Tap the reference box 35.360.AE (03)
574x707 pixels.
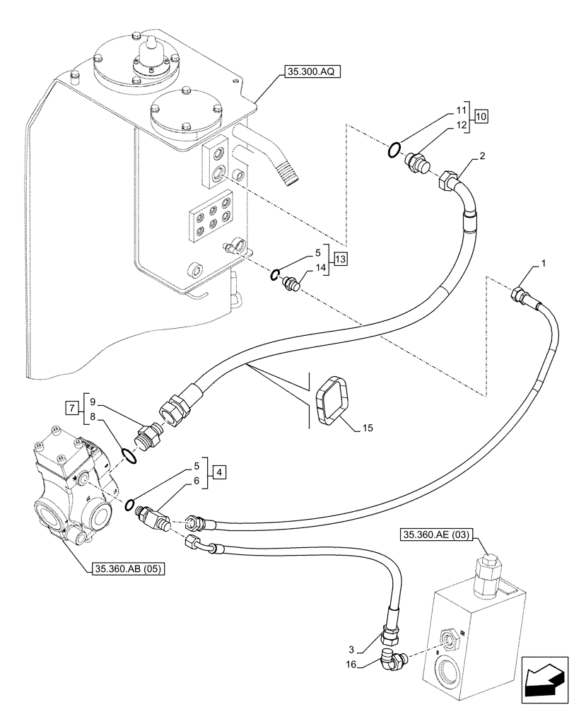[x=438, y=534]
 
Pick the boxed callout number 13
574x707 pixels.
[x=340, y=259]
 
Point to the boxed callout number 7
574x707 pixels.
[x=71, y=408]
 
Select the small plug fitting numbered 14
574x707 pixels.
[x=291, y=284]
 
